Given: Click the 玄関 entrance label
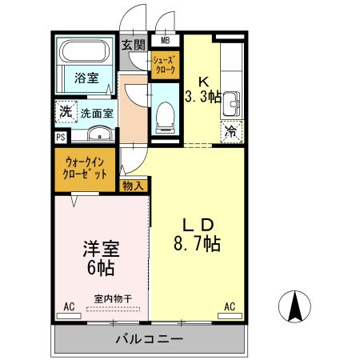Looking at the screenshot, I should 133,46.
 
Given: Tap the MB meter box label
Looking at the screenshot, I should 166,41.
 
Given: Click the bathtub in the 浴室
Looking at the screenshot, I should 87,53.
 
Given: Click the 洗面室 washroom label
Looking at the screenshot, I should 96,113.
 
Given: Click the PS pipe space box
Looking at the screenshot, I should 59,137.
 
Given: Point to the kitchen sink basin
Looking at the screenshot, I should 231,103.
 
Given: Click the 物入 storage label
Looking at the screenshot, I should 134,186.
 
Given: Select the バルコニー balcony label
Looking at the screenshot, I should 148,340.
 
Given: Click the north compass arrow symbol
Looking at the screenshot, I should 294,305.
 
